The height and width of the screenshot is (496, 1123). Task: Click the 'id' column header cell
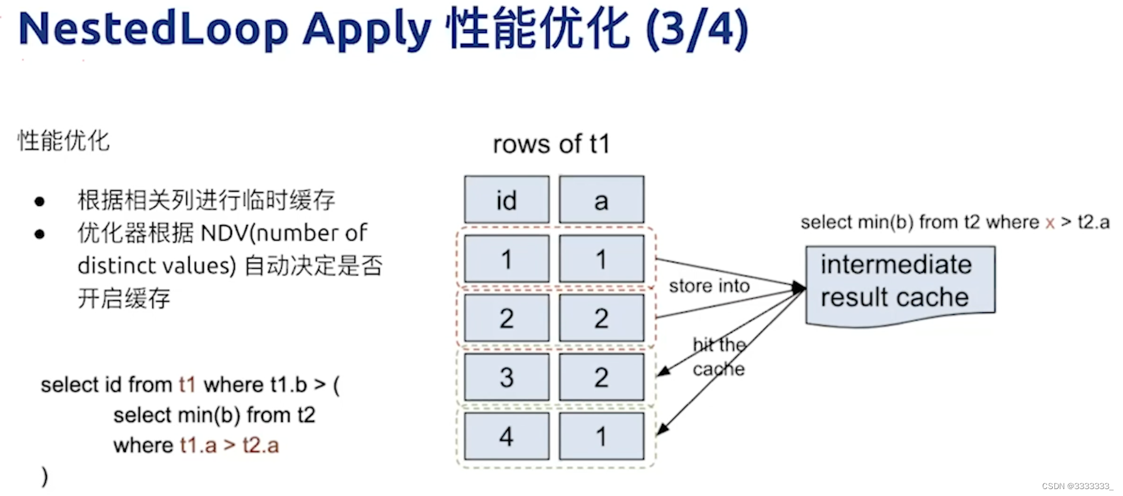click(506, 200)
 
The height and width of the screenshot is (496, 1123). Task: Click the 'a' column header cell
click(601, 200)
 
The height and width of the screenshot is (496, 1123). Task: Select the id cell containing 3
click(506, 377)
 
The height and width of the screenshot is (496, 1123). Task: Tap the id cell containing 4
click(506, 436)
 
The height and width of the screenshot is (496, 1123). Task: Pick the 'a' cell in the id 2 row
click(601, 318)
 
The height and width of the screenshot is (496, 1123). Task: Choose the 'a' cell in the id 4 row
click(601, 436)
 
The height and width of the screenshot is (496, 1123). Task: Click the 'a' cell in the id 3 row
click(601, 377)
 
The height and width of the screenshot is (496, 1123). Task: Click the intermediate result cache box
click(899, 282)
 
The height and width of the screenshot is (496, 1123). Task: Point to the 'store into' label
click(709, 286)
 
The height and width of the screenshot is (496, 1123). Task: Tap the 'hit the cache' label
click(719, 357)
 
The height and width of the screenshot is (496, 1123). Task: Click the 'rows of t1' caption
click(551, 144)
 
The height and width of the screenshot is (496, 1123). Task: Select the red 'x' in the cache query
click(1050, 223)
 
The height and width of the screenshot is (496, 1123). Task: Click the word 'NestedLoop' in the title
click(154, 29)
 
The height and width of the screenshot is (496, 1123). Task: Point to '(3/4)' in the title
click(697, 29)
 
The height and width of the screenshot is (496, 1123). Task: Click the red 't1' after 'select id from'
click(187, 385)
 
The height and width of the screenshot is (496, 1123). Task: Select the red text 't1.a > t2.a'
click(229, 445)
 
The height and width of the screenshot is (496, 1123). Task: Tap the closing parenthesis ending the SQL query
click(44, 476)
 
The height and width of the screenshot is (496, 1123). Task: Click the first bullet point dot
click(39, 202)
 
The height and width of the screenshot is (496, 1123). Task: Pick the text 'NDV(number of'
click(283, 233)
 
